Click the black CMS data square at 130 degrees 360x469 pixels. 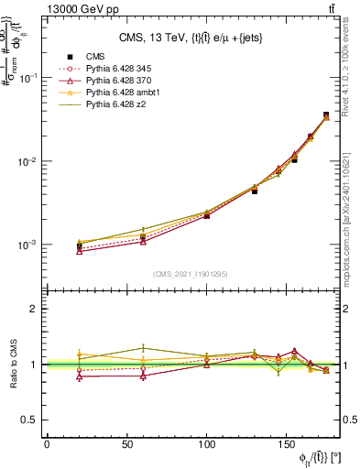point(255,191)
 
